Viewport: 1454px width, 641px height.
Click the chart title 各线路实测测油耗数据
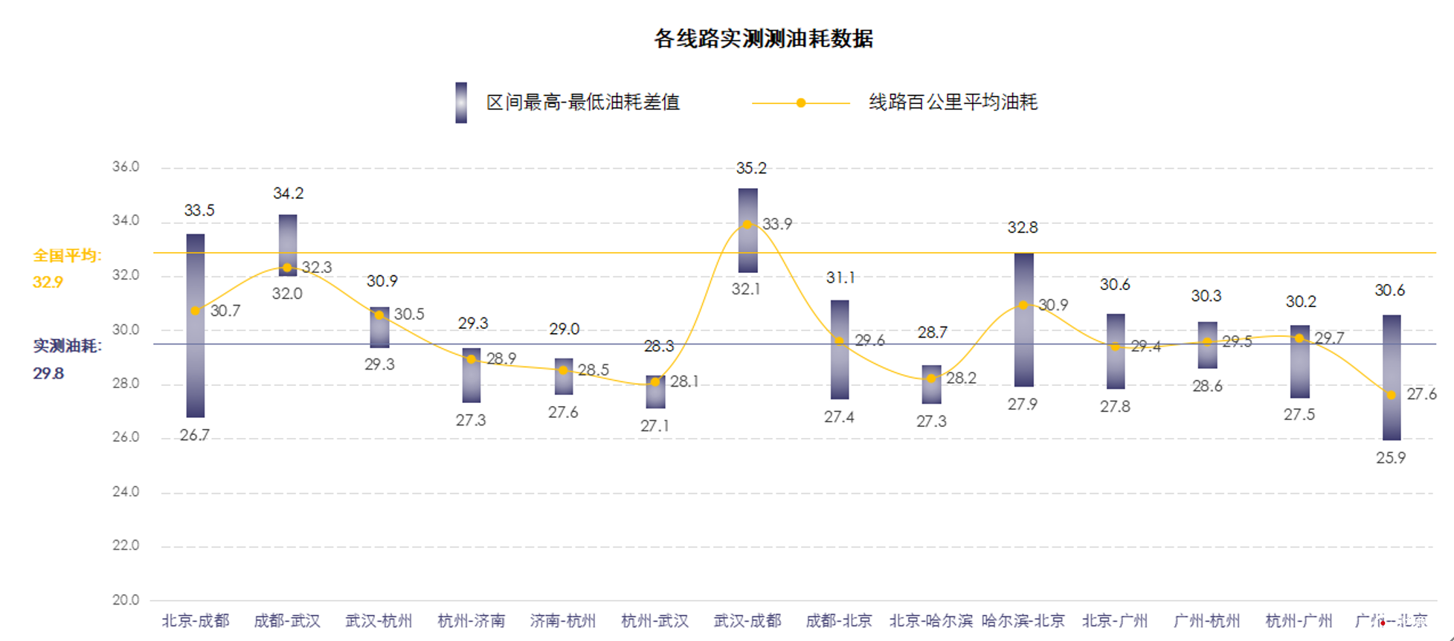763,39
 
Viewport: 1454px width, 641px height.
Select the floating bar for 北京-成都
196,326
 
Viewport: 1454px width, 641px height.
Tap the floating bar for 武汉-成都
747,231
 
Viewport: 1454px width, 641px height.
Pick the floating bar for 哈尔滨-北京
1023,320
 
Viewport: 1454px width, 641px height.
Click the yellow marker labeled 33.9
747,225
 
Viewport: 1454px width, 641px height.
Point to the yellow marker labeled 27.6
1391,395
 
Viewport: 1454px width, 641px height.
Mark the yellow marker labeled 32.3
287,268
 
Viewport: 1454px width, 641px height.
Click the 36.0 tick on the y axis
126,167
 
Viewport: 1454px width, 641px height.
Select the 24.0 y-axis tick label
126,492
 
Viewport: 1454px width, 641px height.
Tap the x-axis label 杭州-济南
471,621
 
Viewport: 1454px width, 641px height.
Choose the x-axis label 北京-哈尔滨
931,621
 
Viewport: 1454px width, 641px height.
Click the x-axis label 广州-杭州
1206,621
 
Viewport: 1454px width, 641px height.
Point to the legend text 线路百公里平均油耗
953,103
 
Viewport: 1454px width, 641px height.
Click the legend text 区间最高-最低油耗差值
583,103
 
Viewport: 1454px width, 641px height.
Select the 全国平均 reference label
67,256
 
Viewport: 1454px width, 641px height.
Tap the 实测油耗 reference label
67,346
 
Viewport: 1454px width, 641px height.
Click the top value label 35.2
751,169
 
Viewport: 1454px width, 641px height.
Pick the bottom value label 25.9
1391,458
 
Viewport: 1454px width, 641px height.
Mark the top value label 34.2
289,194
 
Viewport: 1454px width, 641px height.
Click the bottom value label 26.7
195,436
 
